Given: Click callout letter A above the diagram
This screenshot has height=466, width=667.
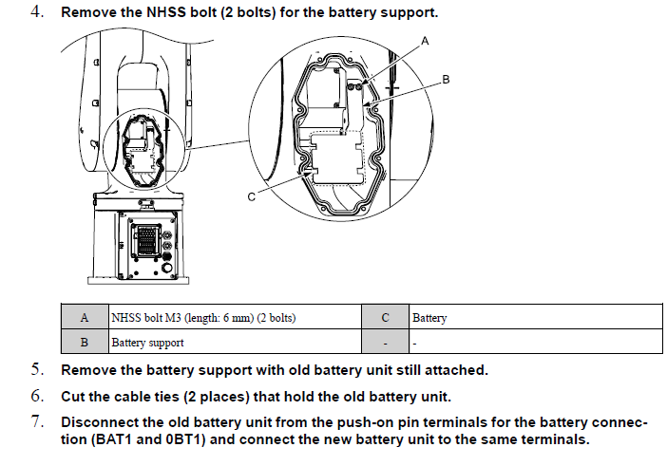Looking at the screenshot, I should point(425,41).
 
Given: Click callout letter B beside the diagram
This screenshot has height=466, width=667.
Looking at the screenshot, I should point(446,81).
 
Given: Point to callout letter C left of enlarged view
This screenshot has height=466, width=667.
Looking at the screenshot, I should point(250,197).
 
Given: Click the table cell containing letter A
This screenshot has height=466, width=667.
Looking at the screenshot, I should point(85,318).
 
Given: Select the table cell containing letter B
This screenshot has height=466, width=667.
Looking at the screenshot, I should point(85,342).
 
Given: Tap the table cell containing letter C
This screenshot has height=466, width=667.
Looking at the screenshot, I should point(385,318).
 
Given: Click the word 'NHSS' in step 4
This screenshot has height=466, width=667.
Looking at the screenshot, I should point(165,14).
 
